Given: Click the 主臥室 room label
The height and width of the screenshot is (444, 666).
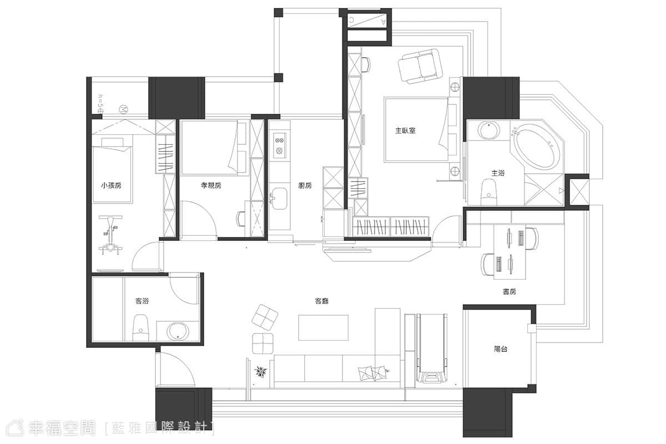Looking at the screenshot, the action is [x=405, y=130].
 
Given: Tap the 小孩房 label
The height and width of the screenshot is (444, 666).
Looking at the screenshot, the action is [x=111, y=185].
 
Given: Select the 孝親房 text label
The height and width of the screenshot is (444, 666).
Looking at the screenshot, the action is [x=211, y=185].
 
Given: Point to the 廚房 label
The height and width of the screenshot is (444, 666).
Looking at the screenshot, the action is [x=305, y=185].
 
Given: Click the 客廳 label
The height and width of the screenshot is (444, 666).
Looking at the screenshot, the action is [x=322, y=301].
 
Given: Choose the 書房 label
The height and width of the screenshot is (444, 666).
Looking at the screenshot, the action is [x=509, y=292].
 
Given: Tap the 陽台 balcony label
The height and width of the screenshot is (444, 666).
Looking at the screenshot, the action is [x=501, y=349].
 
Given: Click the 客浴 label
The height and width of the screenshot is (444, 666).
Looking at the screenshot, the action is [x=142, y=301].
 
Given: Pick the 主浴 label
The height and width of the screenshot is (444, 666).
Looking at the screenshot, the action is [x=498, y=173].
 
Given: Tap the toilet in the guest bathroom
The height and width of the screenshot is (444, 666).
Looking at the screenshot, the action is [x=140, y=327].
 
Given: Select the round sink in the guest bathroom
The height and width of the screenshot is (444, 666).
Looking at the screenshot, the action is [x=178, y=331].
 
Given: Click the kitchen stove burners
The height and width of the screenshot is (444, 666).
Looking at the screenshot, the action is [x=280, y=145].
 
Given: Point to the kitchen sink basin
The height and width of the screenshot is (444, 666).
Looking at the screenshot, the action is [x=280, y=199].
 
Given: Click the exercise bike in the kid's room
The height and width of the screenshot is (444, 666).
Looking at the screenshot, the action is [x=110, y=235].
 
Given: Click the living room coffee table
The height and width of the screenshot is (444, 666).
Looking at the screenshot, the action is [x=324, y=327].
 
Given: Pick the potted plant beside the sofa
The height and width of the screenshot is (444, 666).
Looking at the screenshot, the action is [x=261, y=371].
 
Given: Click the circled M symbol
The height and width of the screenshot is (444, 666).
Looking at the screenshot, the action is [x=123, y=109].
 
